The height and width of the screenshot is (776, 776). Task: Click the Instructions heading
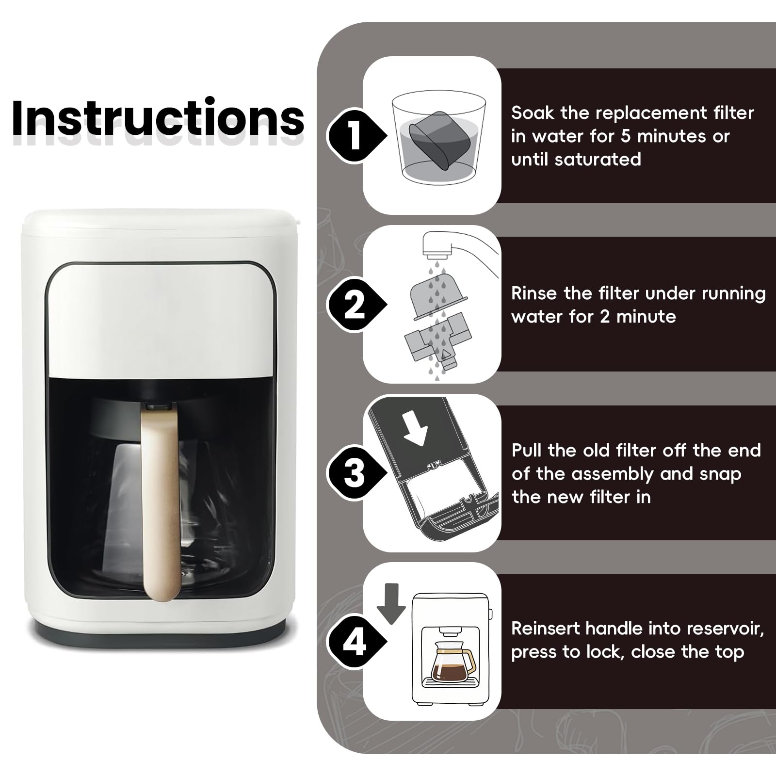pyautogui.click(x=158, y=118)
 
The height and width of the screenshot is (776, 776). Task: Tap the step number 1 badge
pyautogui.click(x=356, y=135)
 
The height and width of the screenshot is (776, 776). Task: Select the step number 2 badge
pyautogui.click(x=356, y=305)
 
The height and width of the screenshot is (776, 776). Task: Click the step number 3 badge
pyautogui.click(x=356, y=473)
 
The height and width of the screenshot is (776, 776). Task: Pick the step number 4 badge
pyautogui.click(x=356, y=642)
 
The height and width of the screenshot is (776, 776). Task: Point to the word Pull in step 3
pyautogui.click(x=527, y=451)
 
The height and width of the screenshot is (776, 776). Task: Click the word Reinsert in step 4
pyautogui.click(x=546, y=629)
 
